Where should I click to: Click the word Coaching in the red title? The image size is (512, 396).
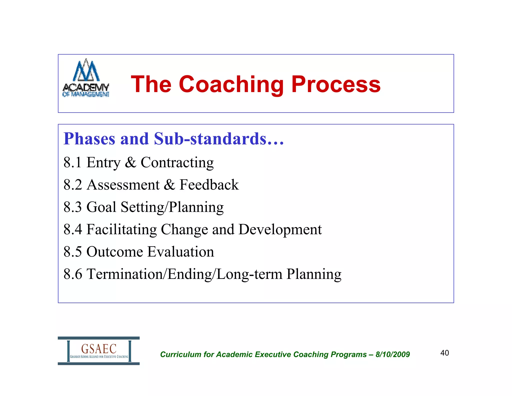(231, 85)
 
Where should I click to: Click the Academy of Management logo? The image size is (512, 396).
(86, 78)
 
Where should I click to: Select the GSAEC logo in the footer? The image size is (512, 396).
(99, 351)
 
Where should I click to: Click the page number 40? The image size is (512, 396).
(444, 353)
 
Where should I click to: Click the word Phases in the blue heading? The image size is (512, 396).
(89, 139)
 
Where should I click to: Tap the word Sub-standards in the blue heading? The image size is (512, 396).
(219, 139)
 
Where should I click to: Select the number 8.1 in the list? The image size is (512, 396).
(72, 162)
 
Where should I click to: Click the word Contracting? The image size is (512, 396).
(177, 163)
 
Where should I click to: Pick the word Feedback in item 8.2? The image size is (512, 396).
(209, 185)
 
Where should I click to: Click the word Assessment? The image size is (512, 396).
(123, 185)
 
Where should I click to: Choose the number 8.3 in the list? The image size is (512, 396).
(72, 207)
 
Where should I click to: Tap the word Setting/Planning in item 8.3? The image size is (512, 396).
(172, 208)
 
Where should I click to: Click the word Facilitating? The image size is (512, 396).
(121, 230)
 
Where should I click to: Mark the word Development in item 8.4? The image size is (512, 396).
(280, 230)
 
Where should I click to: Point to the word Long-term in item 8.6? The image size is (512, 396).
(249, 274)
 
